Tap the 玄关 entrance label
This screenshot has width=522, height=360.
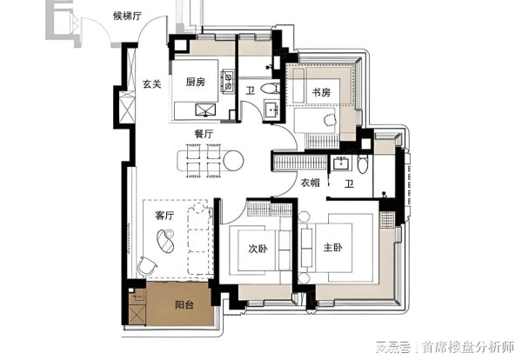(152, 83)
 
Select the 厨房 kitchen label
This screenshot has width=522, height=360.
(196, 83)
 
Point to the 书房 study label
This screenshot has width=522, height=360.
(322, 91)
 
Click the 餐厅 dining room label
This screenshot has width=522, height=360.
(205, 134)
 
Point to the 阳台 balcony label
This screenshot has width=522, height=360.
(184, 306)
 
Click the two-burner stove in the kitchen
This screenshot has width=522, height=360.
(229, 83)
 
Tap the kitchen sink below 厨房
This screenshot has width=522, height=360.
(207, 110)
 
